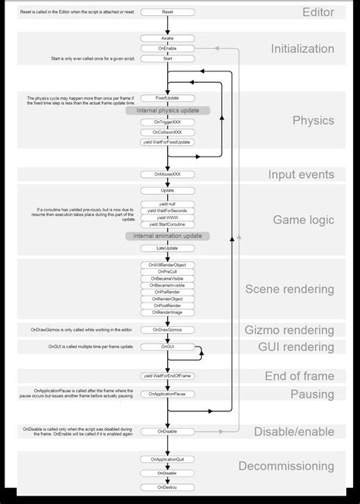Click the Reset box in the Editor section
click(x=168, y=13)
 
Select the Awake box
click(x=168, y=37)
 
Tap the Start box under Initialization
click(x=168, y=58)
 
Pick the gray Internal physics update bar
click(x=168, y=110)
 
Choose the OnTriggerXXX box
click(x=168, y=122)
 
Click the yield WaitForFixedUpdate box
click(x=168, y=142)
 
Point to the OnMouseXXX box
click(x=168, y=174)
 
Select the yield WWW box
click(x=168, y=217)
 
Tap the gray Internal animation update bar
click(x=168, y=236)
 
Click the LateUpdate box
click(x=168, y=248)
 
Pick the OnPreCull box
click(x=168, y=271)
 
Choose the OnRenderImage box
click(x=168, y=312)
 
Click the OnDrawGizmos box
click(x=168, y=329)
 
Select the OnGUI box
click(x=168, y=347)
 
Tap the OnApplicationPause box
click(x=168, y=394)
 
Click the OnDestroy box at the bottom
click(x=168, y=487)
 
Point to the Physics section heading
click(x=313, y=120)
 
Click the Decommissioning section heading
click(x=286, y=466)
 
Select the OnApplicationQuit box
click(x=168, y=459)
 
